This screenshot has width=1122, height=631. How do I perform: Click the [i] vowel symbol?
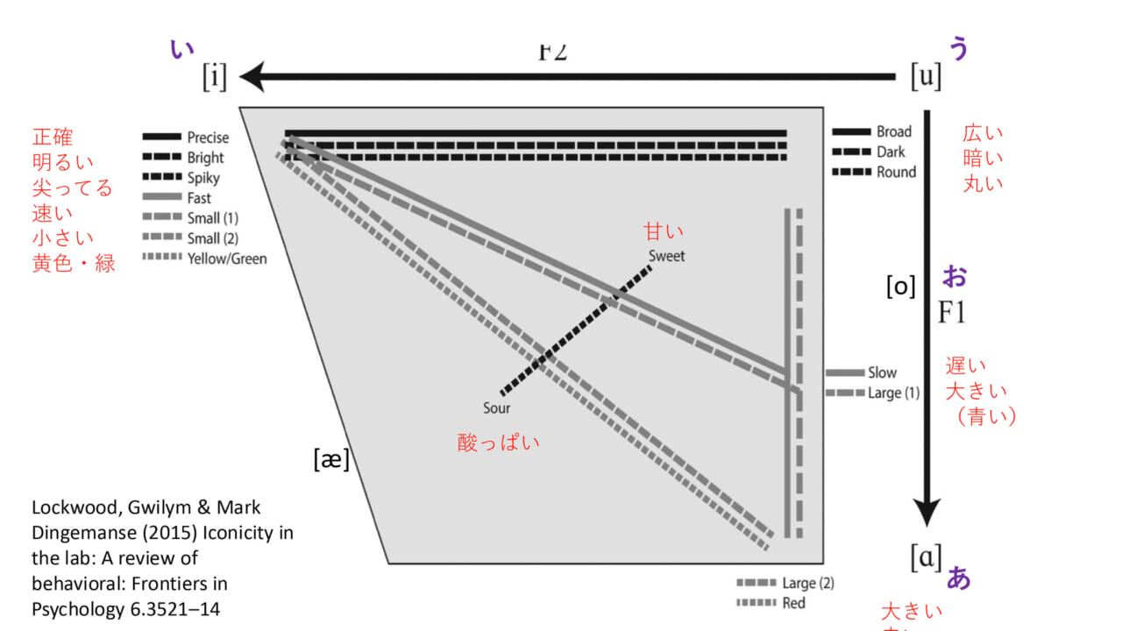tap(215, 78)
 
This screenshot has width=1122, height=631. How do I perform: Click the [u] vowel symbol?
tap(926, 77)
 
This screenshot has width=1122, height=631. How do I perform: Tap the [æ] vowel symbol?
tap(331, 458)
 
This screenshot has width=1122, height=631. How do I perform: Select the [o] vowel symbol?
tap(900, 286)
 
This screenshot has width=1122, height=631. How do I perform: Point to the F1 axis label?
tap(951, 312)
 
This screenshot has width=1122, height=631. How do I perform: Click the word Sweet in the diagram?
tap(667, 256)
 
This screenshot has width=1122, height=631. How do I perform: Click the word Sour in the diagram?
tap(496, 408)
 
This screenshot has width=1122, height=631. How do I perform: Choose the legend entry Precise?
tap(208, 138)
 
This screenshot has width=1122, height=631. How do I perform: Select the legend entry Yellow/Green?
tap(227, 259)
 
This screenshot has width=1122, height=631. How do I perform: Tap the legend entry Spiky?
tap(203, 178)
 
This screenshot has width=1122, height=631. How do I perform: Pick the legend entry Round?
tap(896, 172)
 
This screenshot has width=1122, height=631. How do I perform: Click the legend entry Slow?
tap(882, 372)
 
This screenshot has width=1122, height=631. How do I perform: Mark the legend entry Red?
tap(793, 603)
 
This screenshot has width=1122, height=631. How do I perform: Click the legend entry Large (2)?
tap(808, 583)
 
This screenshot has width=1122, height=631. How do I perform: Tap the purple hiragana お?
tap(955, 276)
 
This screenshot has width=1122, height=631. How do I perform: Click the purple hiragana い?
tap(181, 49)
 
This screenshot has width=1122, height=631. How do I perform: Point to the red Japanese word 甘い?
tap(664, 231)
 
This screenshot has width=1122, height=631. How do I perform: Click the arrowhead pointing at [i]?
tap(254, 78)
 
